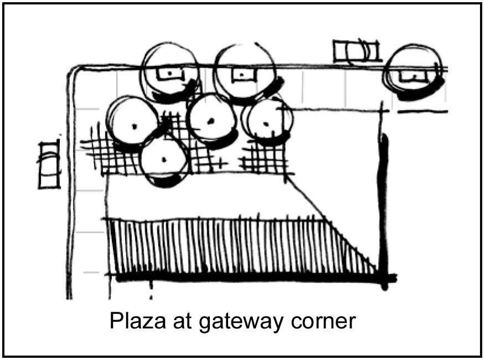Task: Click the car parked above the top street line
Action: click(357, 52)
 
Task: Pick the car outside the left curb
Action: click(49, 164)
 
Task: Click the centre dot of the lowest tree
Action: click(163, 160)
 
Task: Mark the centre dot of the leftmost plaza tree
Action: click(133, 126)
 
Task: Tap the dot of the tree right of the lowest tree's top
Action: click(210, 121)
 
